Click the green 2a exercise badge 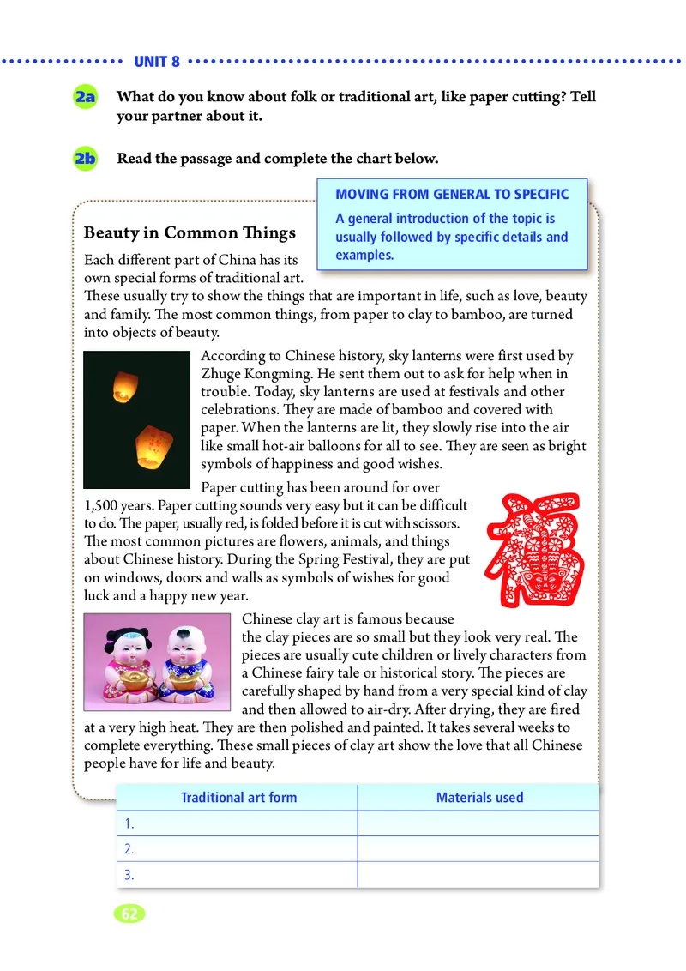[85, 98]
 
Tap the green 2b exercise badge [85, 159]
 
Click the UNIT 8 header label [157, 62]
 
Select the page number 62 [129, 914]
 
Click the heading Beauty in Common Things [190, 232]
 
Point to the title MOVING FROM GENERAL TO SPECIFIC [451, 195]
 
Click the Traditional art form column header [238, 797]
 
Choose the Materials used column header [479, 797]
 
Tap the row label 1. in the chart [129, 823]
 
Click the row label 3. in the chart [129, 876]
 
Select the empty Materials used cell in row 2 [478, 849]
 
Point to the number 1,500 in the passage [104, 505]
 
